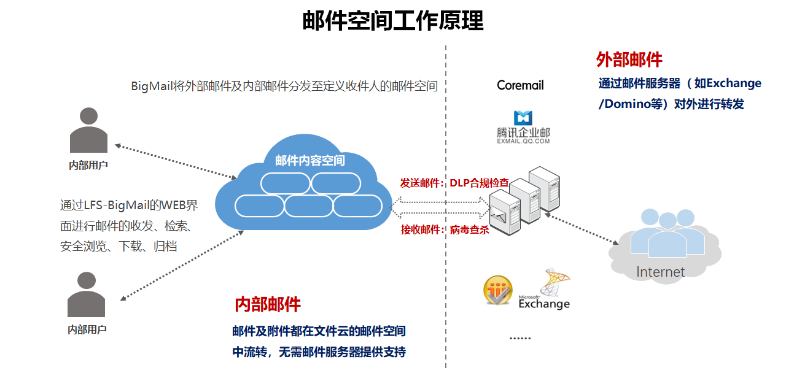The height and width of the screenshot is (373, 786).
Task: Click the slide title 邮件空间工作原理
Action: click(x=393, y=20)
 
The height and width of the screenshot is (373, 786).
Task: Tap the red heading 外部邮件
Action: click(x=629, y=60)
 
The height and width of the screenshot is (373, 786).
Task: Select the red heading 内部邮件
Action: click(x=268, y=304)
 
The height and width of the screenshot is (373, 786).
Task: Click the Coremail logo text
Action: click(x=520, y=85)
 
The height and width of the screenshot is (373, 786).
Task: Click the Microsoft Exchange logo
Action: click(x=545, y=292)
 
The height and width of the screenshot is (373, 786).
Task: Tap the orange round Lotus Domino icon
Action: click(x=498, y=290)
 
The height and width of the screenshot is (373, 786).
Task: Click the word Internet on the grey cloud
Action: click(x=660, y=272)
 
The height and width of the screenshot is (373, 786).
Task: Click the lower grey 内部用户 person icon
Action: click(x=87, y=295)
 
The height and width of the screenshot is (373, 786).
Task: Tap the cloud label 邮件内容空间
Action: click(x=309, y=161)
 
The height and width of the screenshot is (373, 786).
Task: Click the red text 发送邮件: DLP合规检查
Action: click(x=454, y=183)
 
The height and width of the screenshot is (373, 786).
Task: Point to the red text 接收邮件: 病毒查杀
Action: click(x=445, y=229)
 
